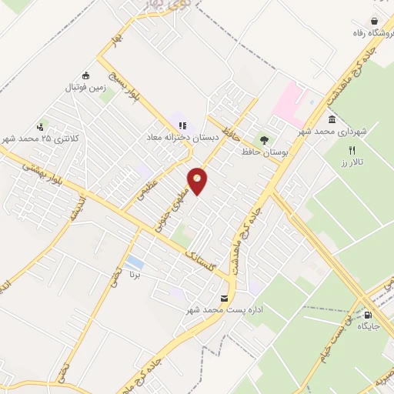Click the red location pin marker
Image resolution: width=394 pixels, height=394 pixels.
pyautogui.click(x=198, y=179)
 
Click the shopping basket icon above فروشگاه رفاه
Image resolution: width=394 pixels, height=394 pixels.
pyautogui.click(x=374, y=21)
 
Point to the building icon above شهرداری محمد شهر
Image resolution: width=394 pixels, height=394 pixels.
pyautogui.click(x=332, y=119)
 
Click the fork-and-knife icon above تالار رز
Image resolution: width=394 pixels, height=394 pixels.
pyautogui.click(x=352, y=150)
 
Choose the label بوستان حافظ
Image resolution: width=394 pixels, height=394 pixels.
pyautogui.click(x=279, y=153)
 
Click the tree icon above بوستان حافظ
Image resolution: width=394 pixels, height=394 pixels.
pyautogui.click(x=265, y=140)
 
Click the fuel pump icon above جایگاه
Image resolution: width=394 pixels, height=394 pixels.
pyautogui.click(x=367, y=314)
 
